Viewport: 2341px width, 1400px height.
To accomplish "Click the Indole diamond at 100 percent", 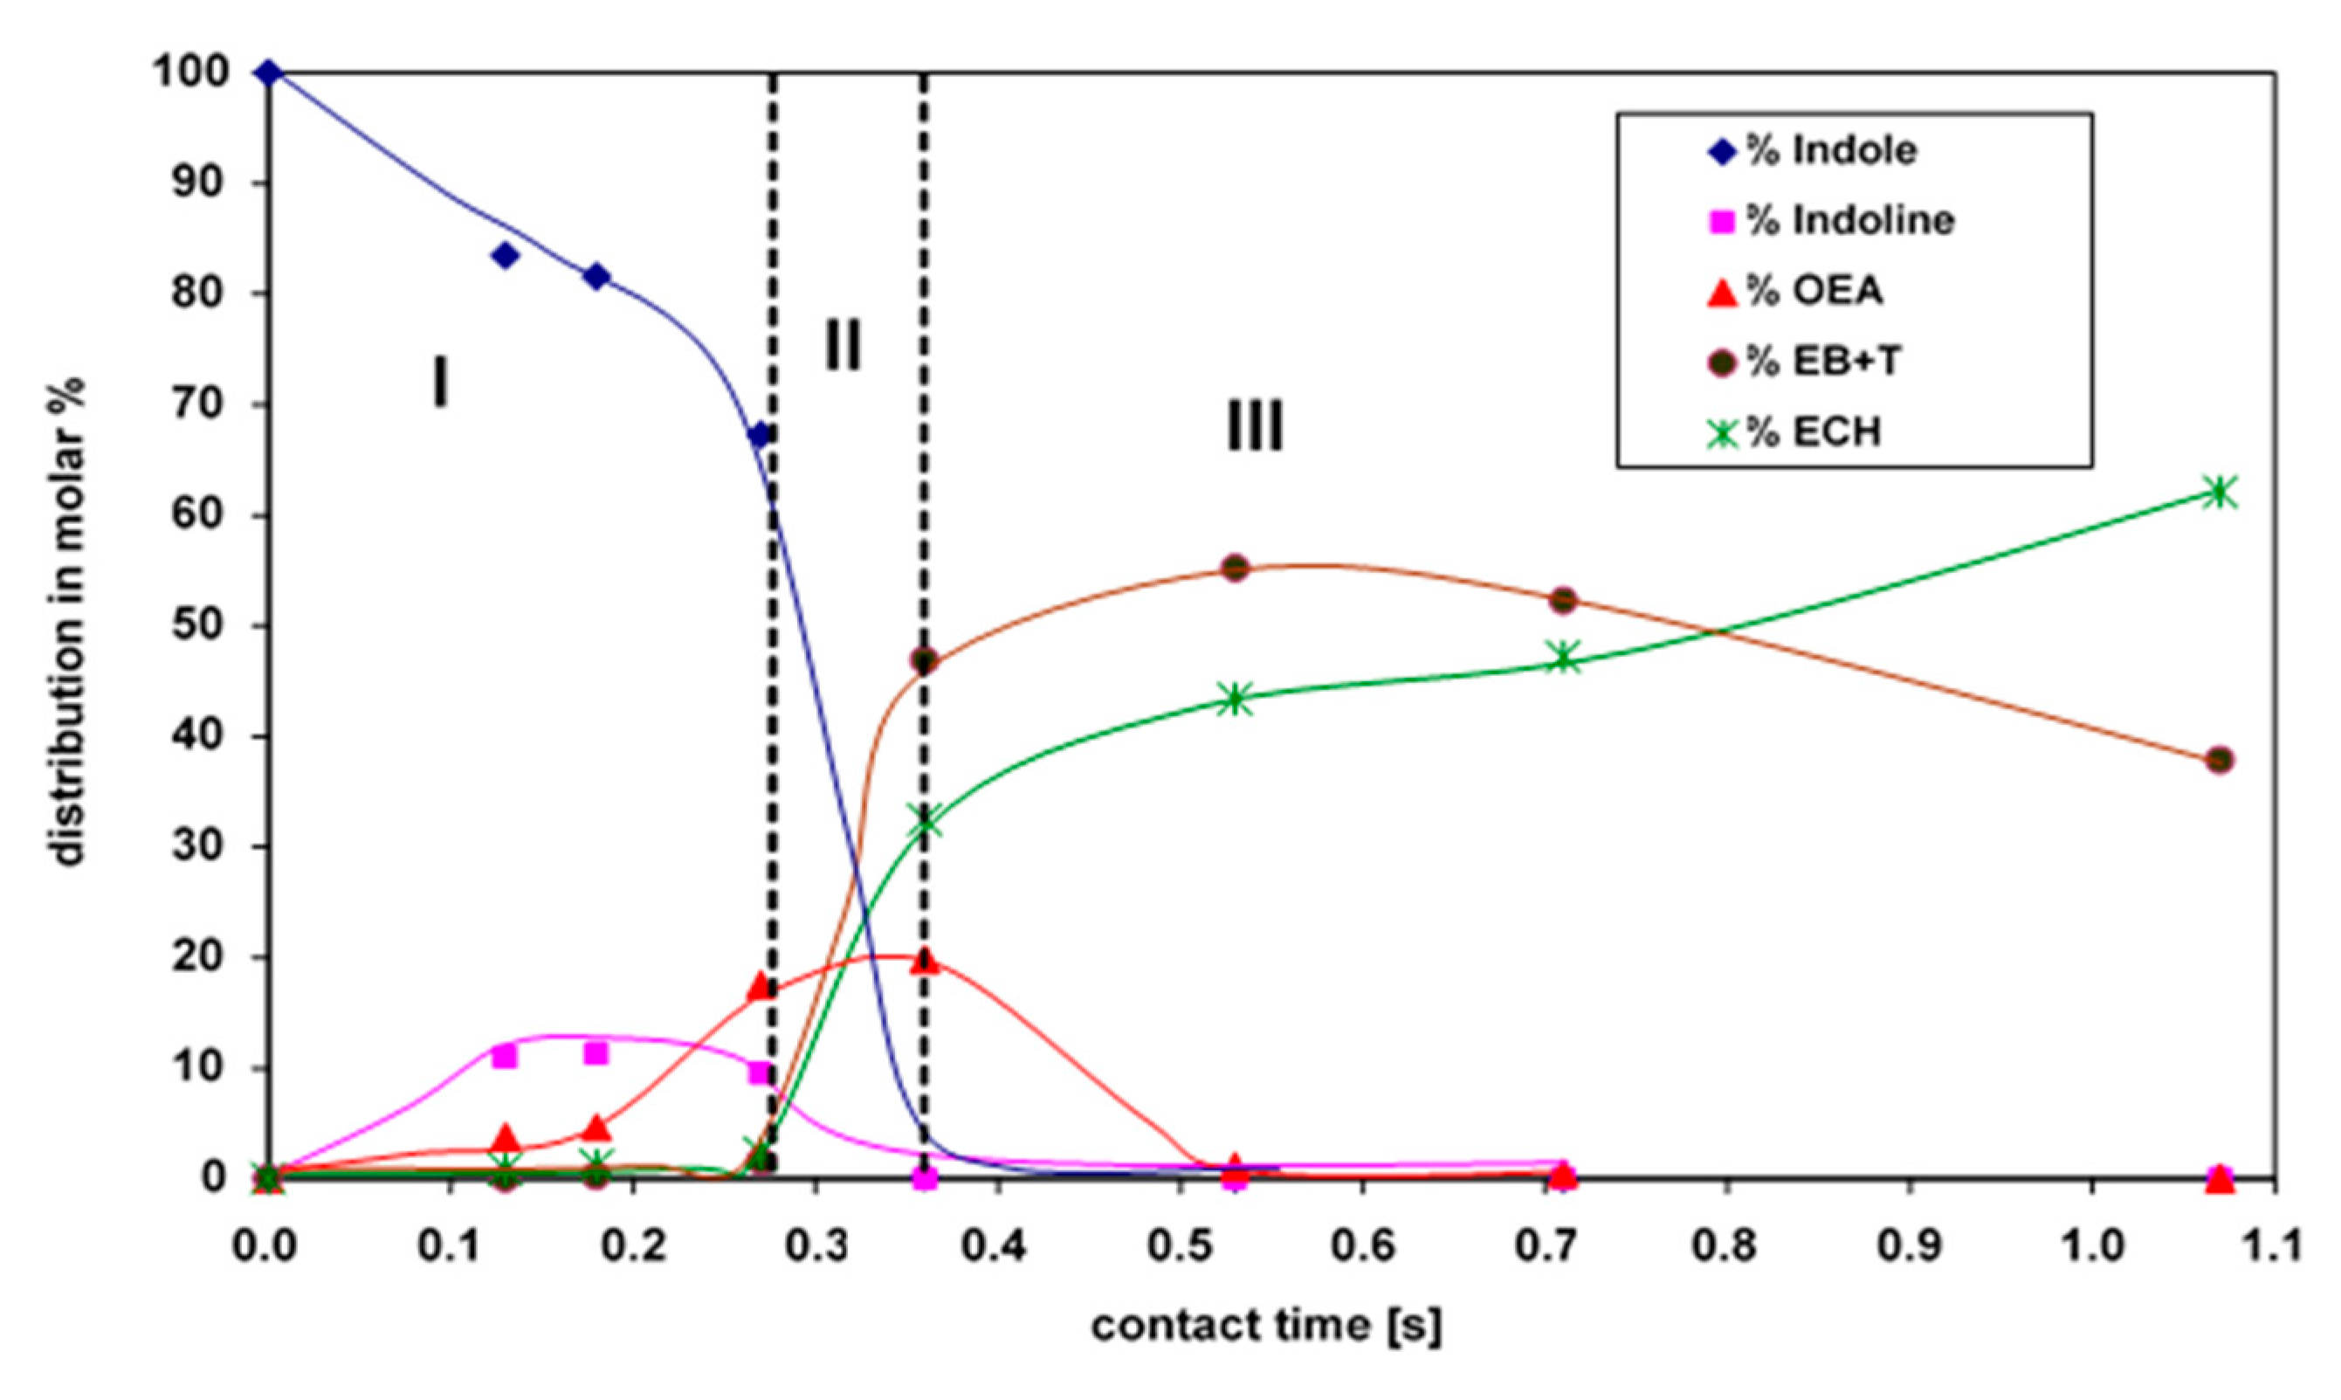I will click(268, 72).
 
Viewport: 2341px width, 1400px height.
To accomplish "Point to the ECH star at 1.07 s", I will click(2220, 493).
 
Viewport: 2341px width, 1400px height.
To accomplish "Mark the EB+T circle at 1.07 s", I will click(2220, 760).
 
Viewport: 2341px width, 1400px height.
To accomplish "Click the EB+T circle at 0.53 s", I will click(1236, 568).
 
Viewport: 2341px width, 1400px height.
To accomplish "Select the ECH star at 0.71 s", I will click(1563, 658).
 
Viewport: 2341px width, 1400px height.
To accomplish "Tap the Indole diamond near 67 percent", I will click(760, 435).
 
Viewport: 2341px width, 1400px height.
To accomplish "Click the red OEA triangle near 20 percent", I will click(926, 962).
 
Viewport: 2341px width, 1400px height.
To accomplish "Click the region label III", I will click(1255, 426).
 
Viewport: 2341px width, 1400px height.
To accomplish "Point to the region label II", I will click(843, 345).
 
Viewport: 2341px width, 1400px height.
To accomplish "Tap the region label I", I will click(439, 384).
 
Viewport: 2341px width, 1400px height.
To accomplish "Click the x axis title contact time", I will click(1266, 1326).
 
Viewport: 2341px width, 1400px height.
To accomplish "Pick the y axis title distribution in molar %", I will click(68, 623).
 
